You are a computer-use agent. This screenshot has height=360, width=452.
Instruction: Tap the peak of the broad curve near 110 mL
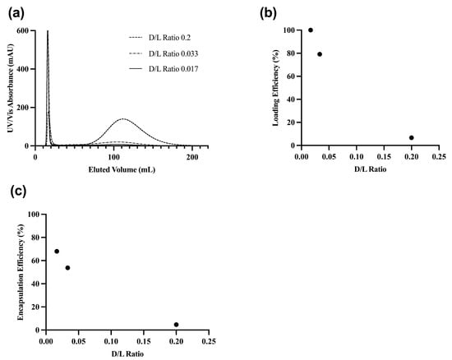[122, 119]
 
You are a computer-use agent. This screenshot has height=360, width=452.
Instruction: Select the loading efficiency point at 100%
[310, 30]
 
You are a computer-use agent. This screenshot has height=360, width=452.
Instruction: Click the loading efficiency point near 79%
[320, 54]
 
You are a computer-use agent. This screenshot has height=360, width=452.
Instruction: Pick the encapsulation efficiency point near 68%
[57, 252]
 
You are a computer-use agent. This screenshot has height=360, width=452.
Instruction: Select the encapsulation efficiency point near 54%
[67, 268]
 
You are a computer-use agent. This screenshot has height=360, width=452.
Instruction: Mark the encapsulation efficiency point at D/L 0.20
[176, 325]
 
